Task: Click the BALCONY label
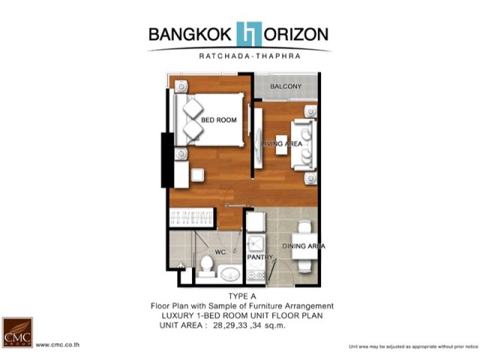pyautogui.click(x=286, y=87)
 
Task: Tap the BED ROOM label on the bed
pyautogui.click(x=219, y=120)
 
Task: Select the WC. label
pyautogui.click(x=221, y=252)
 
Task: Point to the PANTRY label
pyautogui.click(x=260, y=257)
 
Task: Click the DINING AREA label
pyautogui.click(x=304, y=246)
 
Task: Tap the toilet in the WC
pyautogui.click(x=207, y=266)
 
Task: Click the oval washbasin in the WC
pyautogui.click(x=230, y=273)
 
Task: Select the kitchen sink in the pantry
pyautogui.click(x=256, y=244)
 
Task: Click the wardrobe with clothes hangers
pyautogui.click(x=191, y=217)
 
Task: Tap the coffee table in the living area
pyautogui.click(x=281, y=145)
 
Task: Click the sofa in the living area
pyautogui.click(x=304, y=145)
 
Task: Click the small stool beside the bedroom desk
pyautogui.click(x=197, y=175)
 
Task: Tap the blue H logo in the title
pyautogui.click(x=249, y=34)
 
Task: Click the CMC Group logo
pyautogui.click(x=17, y=332)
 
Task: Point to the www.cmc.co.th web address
pyautogui.click(x=58, y=345)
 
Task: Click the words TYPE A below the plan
pyautogui.click(x=242, y=296)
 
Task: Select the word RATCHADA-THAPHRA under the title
pyautogui.click(x=250, y=56)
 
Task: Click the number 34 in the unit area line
pyautogui.click(x=256, y=325)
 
